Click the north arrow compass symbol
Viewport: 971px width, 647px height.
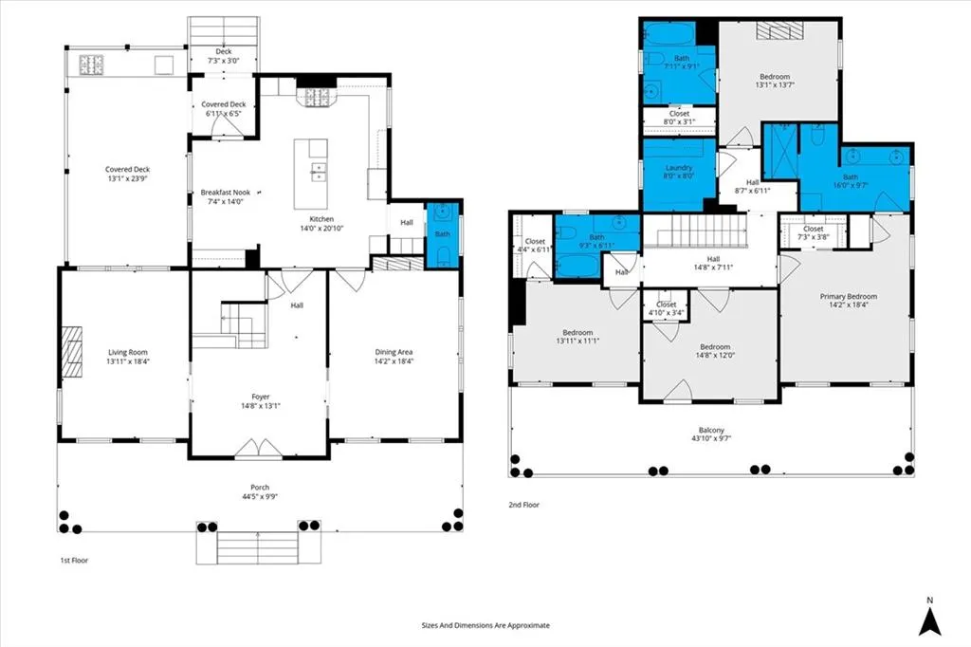pos(929,618)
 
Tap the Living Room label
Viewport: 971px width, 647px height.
pos(128,352)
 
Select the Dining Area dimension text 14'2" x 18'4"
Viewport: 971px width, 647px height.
pos(394,361)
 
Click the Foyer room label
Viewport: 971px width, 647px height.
pos(261,397)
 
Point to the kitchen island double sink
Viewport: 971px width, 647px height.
pos(319,172)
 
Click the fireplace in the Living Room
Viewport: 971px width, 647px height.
pos(71,351)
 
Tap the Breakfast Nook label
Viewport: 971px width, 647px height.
pos(225,193)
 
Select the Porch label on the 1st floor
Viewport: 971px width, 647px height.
pos(260,487)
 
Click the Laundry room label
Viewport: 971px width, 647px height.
pos(679,168)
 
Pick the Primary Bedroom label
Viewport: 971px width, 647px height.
pos(849,296)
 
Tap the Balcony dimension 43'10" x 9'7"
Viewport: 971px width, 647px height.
pos(711,439)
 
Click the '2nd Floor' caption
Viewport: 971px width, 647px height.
pos(523,505)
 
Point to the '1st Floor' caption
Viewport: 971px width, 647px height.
pos(74,561)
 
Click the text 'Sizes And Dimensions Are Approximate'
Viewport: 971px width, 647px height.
pos(485,625)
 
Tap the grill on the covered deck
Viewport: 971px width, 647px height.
pos(91,65)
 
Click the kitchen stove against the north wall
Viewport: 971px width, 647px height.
pos(318,97)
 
